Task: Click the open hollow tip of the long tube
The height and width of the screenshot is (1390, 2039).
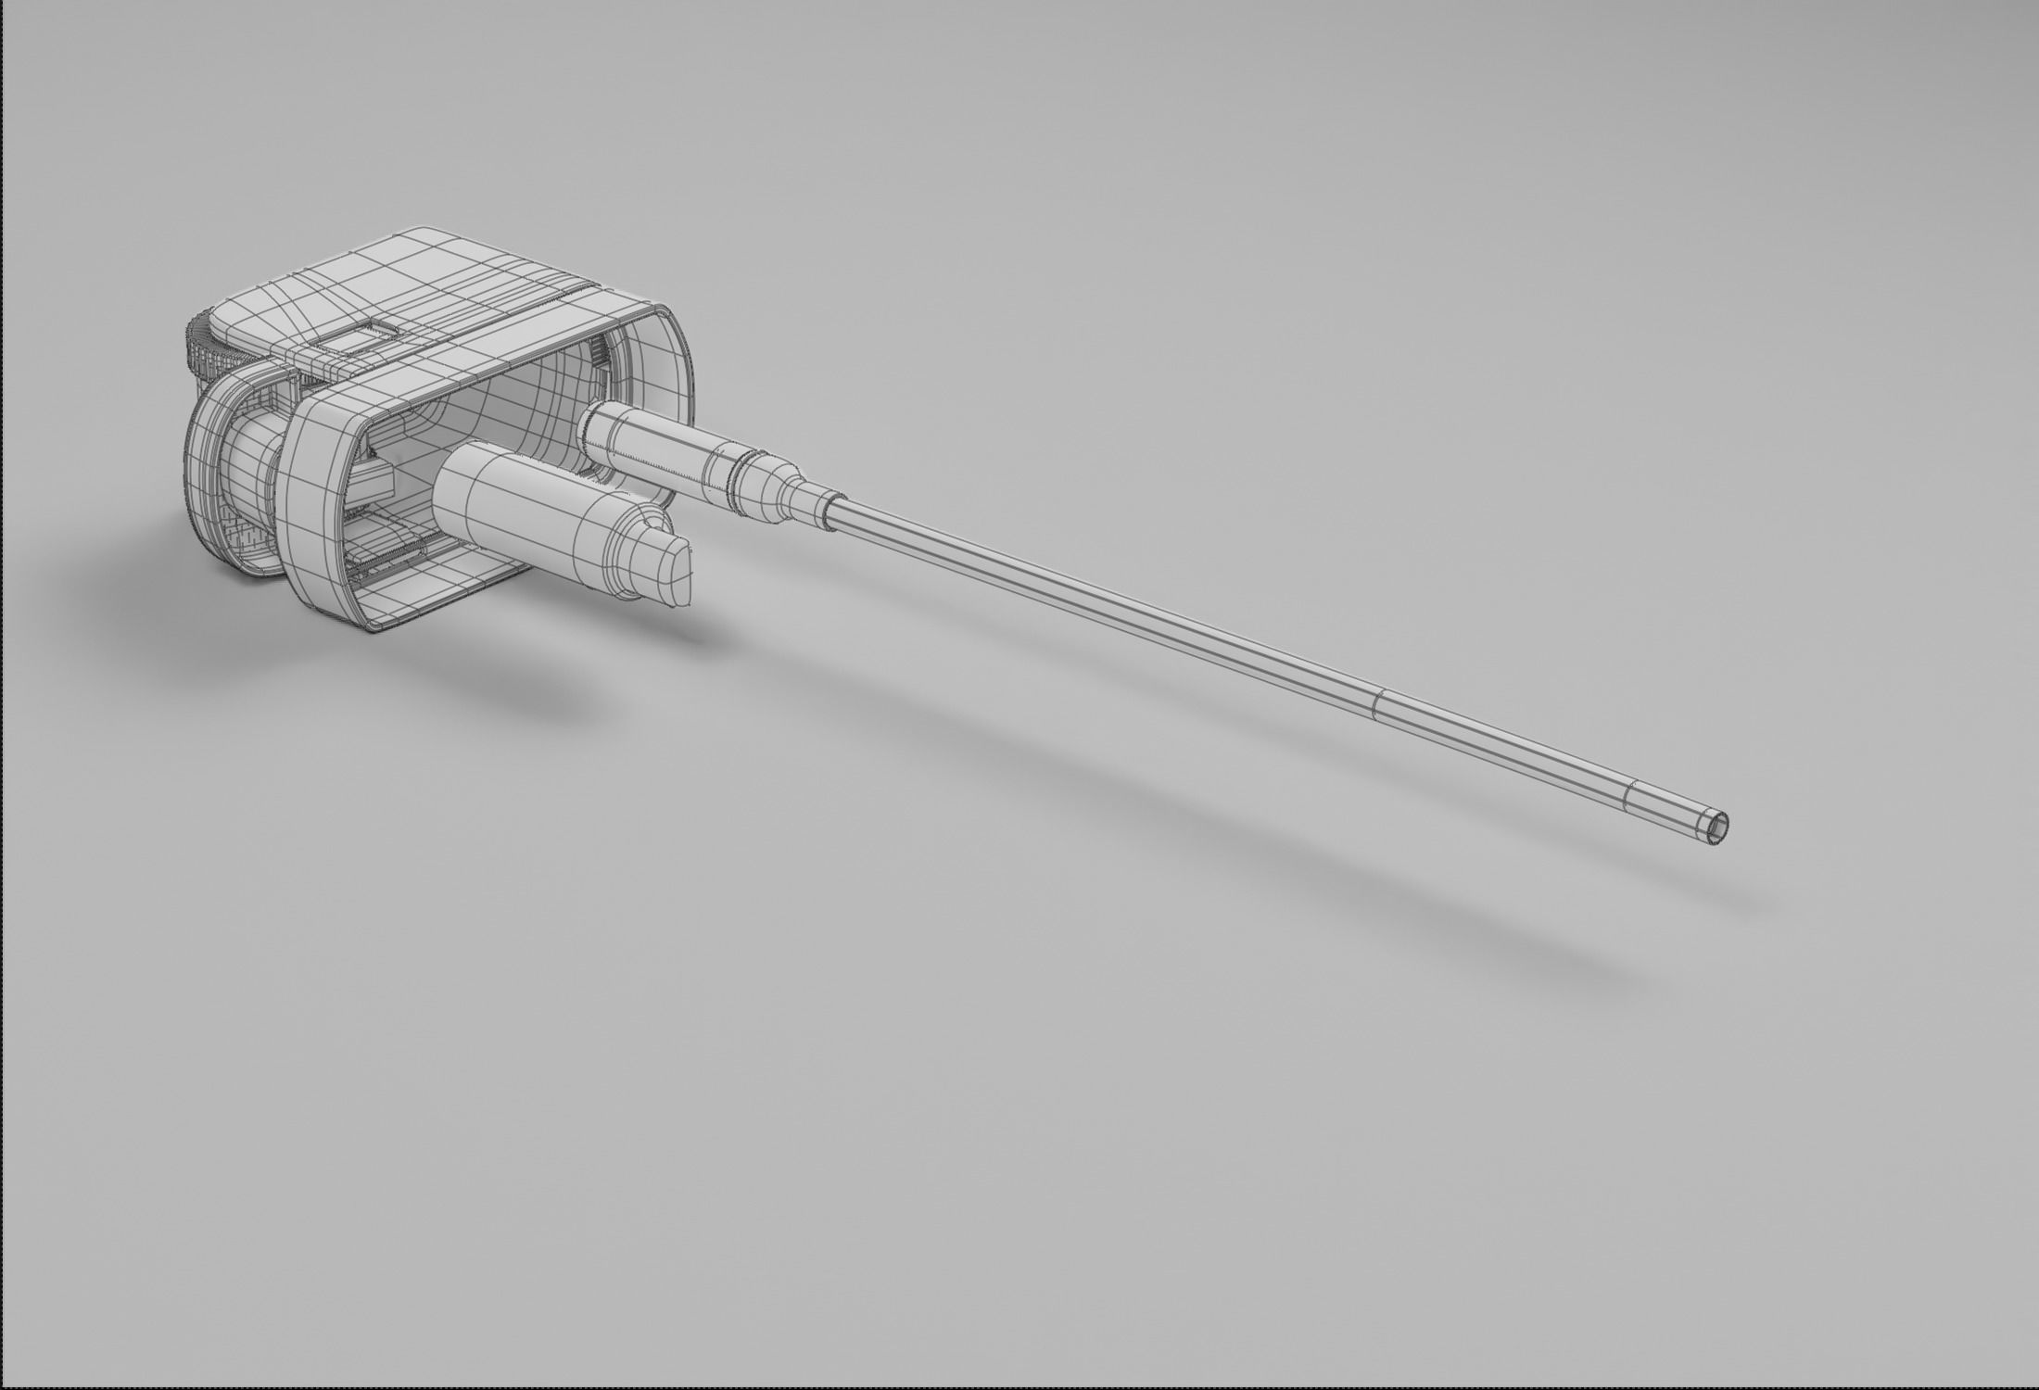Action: tap(1717, 825)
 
